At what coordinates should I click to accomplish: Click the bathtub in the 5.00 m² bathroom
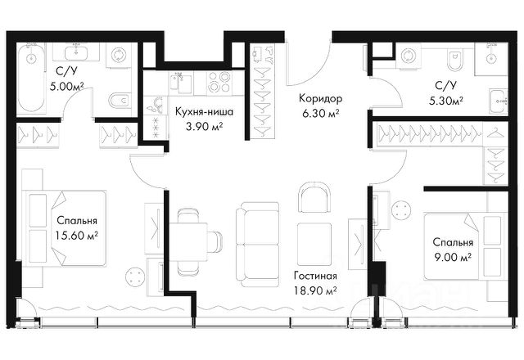point(31,79)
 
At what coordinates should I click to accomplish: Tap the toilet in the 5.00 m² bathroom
point(119,100)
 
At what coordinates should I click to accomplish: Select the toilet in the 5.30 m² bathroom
point(454,60)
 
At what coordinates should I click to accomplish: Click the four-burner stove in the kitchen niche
point(219,82)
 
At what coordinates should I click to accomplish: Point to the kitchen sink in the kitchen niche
point(181,83)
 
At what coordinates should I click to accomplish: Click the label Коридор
point(320,99)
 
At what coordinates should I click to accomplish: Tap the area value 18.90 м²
point(315,290)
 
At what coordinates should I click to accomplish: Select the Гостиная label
point(315,277)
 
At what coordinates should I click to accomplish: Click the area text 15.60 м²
point(77,235)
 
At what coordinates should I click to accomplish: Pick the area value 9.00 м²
point(453,257)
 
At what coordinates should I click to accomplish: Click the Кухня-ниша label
point(204,112)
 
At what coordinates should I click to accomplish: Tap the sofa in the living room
point(257,245)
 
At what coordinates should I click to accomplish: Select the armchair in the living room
point(314,197)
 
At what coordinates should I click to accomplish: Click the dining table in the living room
point(188,241)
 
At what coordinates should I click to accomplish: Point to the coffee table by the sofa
point(314,244)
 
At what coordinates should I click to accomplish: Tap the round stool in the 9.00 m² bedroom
point(401,210)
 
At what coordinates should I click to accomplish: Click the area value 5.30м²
point(446,100)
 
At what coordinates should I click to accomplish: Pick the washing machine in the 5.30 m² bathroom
point(408,56)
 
